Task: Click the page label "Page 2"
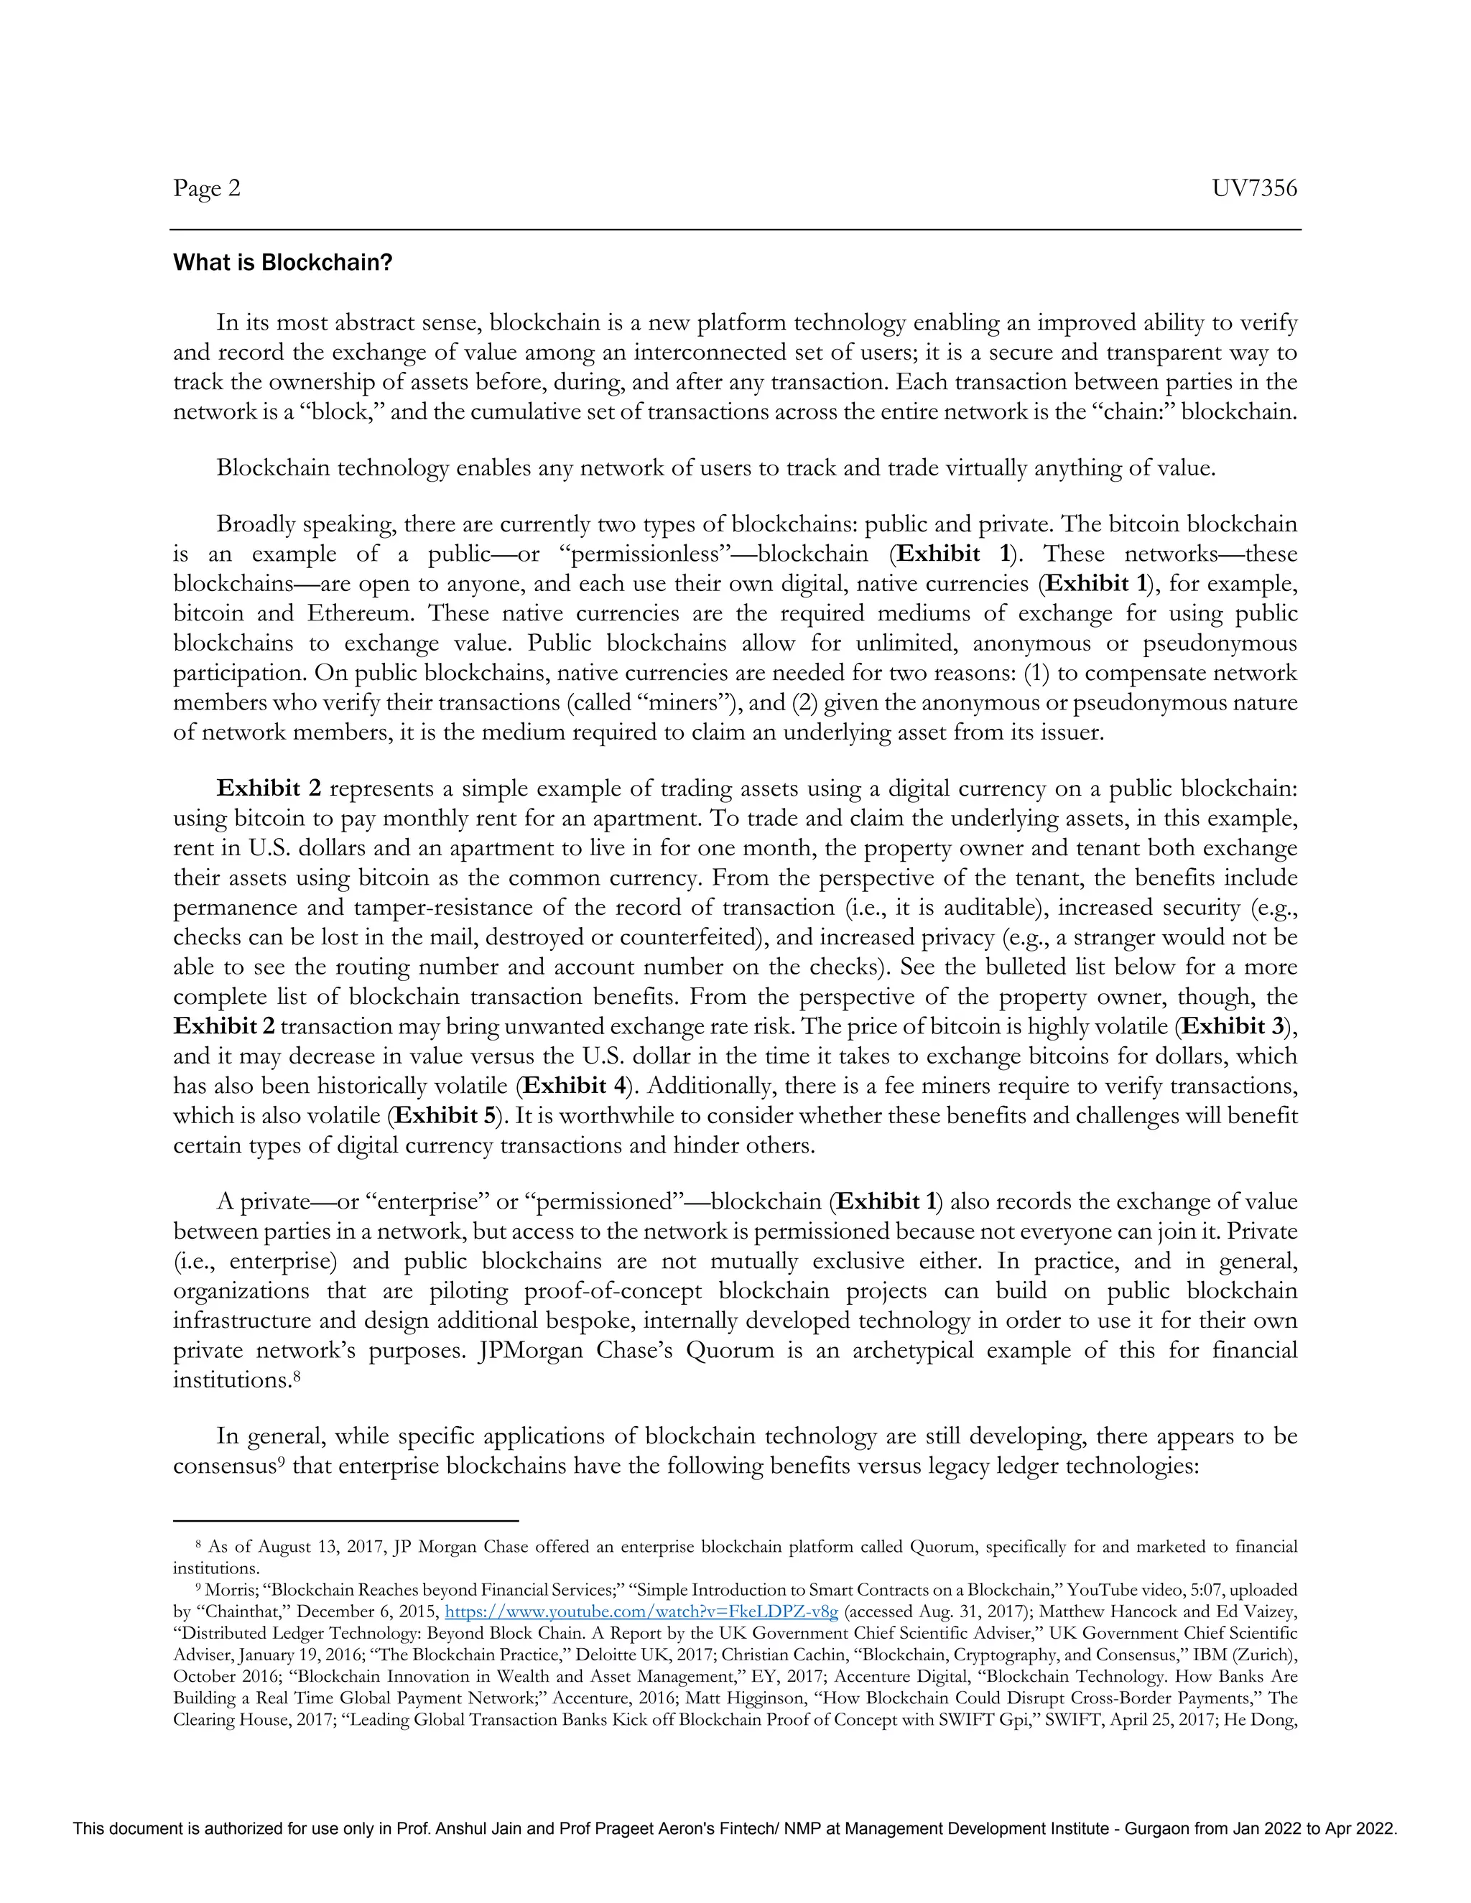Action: (207, 188)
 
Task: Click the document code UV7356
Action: (1254, 188)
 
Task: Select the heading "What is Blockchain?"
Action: (282, 262)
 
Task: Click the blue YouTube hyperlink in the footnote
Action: (641, 1611)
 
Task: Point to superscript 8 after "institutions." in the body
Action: (297, 1376)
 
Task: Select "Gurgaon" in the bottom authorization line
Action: (1156, 1829)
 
